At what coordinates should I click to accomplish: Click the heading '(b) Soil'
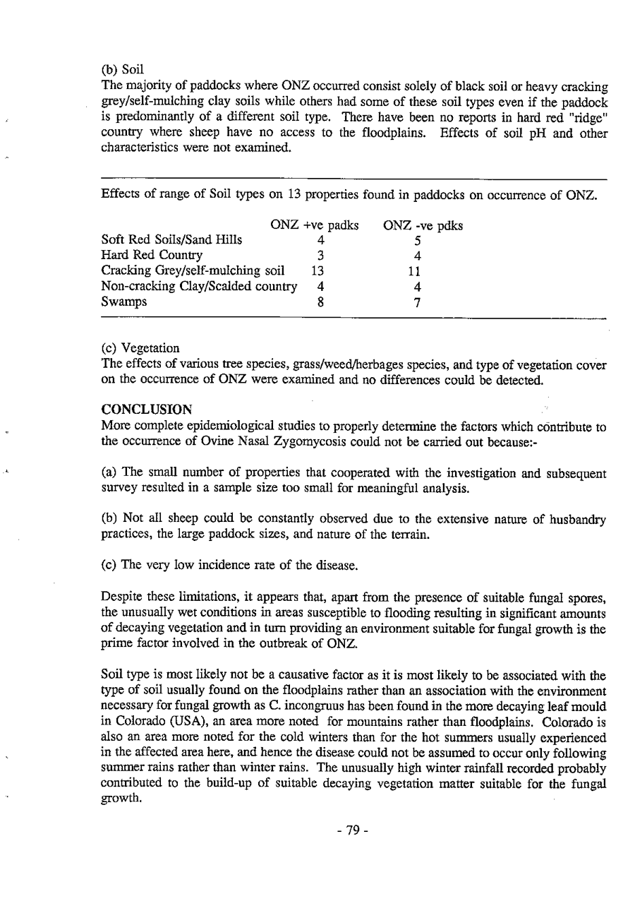pos(123,71)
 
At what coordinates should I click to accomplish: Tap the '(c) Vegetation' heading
pos(140,348)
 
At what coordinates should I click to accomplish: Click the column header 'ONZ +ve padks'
pos(315,226)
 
